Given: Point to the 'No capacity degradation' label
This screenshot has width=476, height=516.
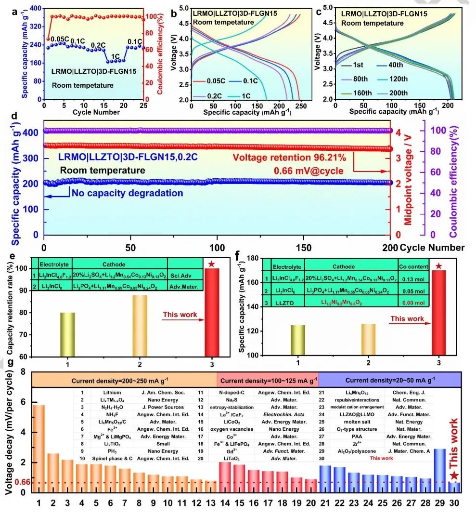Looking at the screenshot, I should pyautogui.click(x=128, y=193).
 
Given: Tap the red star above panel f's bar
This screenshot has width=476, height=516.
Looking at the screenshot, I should pyautogui.click(x=438, y=266).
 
